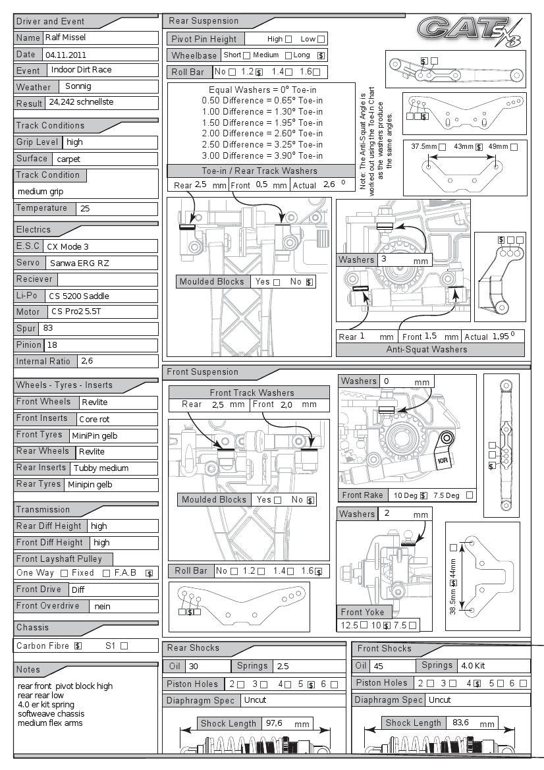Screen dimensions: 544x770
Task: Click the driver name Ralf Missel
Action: coord(65,38)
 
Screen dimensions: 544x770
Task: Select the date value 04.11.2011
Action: coord(66,55)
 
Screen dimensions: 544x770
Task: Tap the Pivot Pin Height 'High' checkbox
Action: coord(288,40)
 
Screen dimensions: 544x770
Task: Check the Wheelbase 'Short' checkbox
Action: coord(246,55)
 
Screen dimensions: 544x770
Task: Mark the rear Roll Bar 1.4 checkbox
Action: coord(288,72)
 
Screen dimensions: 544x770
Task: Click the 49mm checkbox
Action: coord(514,147)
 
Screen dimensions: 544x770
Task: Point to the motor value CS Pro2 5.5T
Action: coord(76,312)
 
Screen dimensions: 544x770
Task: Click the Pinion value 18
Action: coord(52,344)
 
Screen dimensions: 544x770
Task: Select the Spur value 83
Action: coord(48,328)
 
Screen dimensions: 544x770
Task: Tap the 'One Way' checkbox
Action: coord(64,573)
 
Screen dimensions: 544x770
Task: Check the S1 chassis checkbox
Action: coord(124,646)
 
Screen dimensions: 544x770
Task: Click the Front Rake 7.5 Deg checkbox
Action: coord(470,495)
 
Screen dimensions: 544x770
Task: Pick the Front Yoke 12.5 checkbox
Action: coord(364,625)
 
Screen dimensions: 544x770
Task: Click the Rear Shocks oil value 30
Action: coord(194,667)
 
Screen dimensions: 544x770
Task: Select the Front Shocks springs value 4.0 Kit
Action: coord(473,666)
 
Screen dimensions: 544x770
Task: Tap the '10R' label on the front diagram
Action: coord(442,461)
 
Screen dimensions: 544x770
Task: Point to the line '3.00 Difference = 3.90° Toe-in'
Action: coord(262,155)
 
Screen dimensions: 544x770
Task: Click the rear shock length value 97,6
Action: coord(274,723)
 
